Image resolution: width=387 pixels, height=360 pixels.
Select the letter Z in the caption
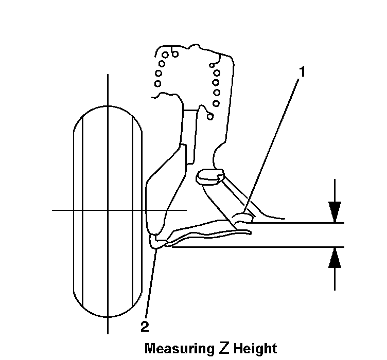(x=223, y=348)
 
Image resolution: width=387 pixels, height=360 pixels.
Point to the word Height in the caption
(x=255, y=349)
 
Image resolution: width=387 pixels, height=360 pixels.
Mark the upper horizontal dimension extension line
(x=298, y=223)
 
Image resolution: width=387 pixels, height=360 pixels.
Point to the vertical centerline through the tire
(x=108, y=93)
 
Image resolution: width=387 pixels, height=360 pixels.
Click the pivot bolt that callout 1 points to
(x=243, y=217)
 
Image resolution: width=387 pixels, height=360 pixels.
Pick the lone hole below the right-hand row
(x=209, y=116)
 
